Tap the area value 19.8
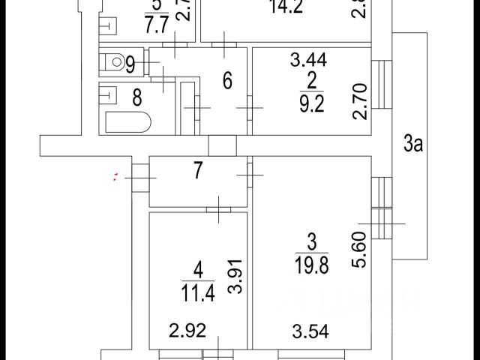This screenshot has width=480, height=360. [313, 265]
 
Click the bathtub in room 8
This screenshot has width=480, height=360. [127, 121]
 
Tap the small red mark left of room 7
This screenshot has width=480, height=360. [114, 178]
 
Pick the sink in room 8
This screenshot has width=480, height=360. [109, 95]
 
